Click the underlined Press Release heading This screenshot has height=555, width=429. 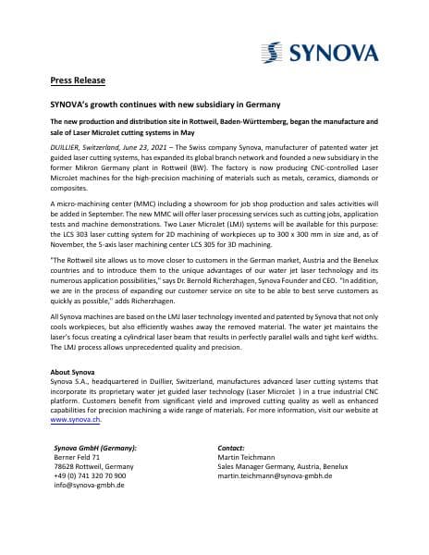point(76,80)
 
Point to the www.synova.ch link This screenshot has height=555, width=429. point(75,419)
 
